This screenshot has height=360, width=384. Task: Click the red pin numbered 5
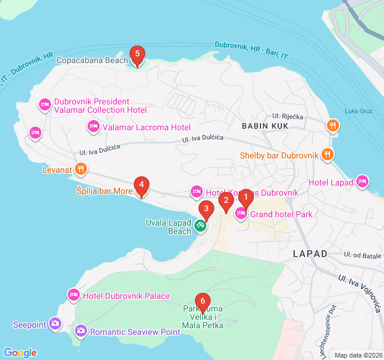pyautogui.click(x=137, y=56)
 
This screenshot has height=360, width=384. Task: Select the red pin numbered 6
pyautogui.click(x=203, y=300)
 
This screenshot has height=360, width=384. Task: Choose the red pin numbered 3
pyautogui.click(x=206, y=211)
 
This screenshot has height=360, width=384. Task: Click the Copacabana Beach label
pyautogui.click(x=92, y=60)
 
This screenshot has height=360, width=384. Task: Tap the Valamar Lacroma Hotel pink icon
pyautogui.click(x=93, y=127)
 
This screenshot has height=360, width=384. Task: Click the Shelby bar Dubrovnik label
pyautogui.click(x=278, y=155)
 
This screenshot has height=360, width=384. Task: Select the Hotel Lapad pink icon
pyautogui.click(x=362, y=181)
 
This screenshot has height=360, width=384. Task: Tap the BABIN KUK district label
pyautogui.click(x=265, y=126)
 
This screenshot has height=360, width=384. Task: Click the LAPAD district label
pyautogui.click(x=310, y=254)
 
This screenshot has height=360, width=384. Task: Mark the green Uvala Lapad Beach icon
pyautogui.click(x=200, y=226)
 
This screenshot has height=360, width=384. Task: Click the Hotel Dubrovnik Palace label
pyautogui.click(x=126, y=296)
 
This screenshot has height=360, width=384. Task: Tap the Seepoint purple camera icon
pyautogui.click(x=55, y=324)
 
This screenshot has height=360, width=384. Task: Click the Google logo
pyautogui.click(x=20, y=353)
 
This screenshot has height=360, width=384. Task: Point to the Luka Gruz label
pyautogui.click(x=359, y=110)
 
